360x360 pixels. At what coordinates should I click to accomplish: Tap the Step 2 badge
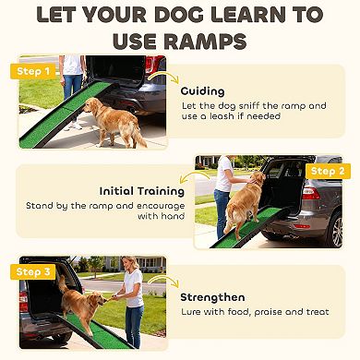[x=326, y=172]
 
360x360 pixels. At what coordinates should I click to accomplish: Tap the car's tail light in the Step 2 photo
[x=317, y=199]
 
